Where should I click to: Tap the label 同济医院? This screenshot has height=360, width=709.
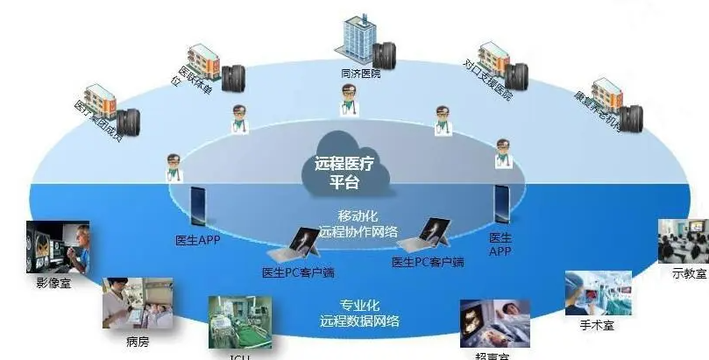point(359,74)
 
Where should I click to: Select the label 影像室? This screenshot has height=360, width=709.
point(53,282)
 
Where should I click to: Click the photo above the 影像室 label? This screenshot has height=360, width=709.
point(58,247)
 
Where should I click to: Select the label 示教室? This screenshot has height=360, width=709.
point(688,273)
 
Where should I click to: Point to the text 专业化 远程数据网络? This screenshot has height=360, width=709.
point(359,314)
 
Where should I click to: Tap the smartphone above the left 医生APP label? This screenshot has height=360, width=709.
point(199,207)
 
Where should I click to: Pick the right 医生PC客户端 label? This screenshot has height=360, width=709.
point(428,262)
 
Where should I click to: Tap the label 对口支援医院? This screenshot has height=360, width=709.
point(489,80)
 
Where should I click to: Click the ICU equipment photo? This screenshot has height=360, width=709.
point(232,324)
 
